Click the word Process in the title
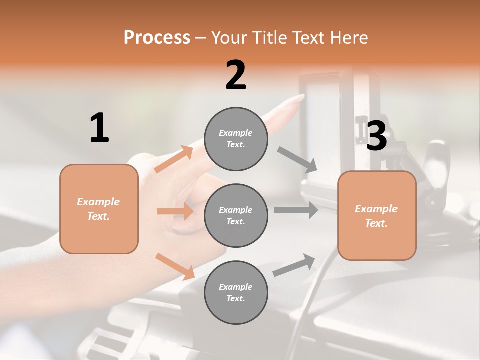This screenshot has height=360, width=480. tap(157, 37)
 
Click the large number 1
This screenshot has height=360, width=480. tap(99, 128)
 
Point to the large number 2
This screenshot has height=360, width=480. tap(236, 75)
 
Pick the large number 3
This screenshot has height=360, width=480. tap(377, 136)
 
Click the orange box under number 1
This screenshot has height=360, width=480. tap(99, 209)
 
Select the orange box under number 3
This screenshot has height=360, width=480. tap(377, 216)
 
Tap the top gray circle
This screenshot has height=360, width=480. tap(236, 139)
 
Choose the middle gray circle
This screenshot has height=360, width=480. tap(236, 216)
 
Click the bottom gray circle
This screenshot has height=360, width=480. tap(236, 293)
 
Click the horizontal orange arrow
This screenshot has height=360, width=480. tap(175, 211)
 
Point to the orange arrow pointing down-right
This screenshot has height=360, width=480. tap(175, 266)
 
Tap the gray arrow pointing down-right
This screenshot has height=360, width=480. tap(298, 160)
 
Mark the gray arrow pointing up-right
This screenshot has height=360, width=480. tap(294, 265)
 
